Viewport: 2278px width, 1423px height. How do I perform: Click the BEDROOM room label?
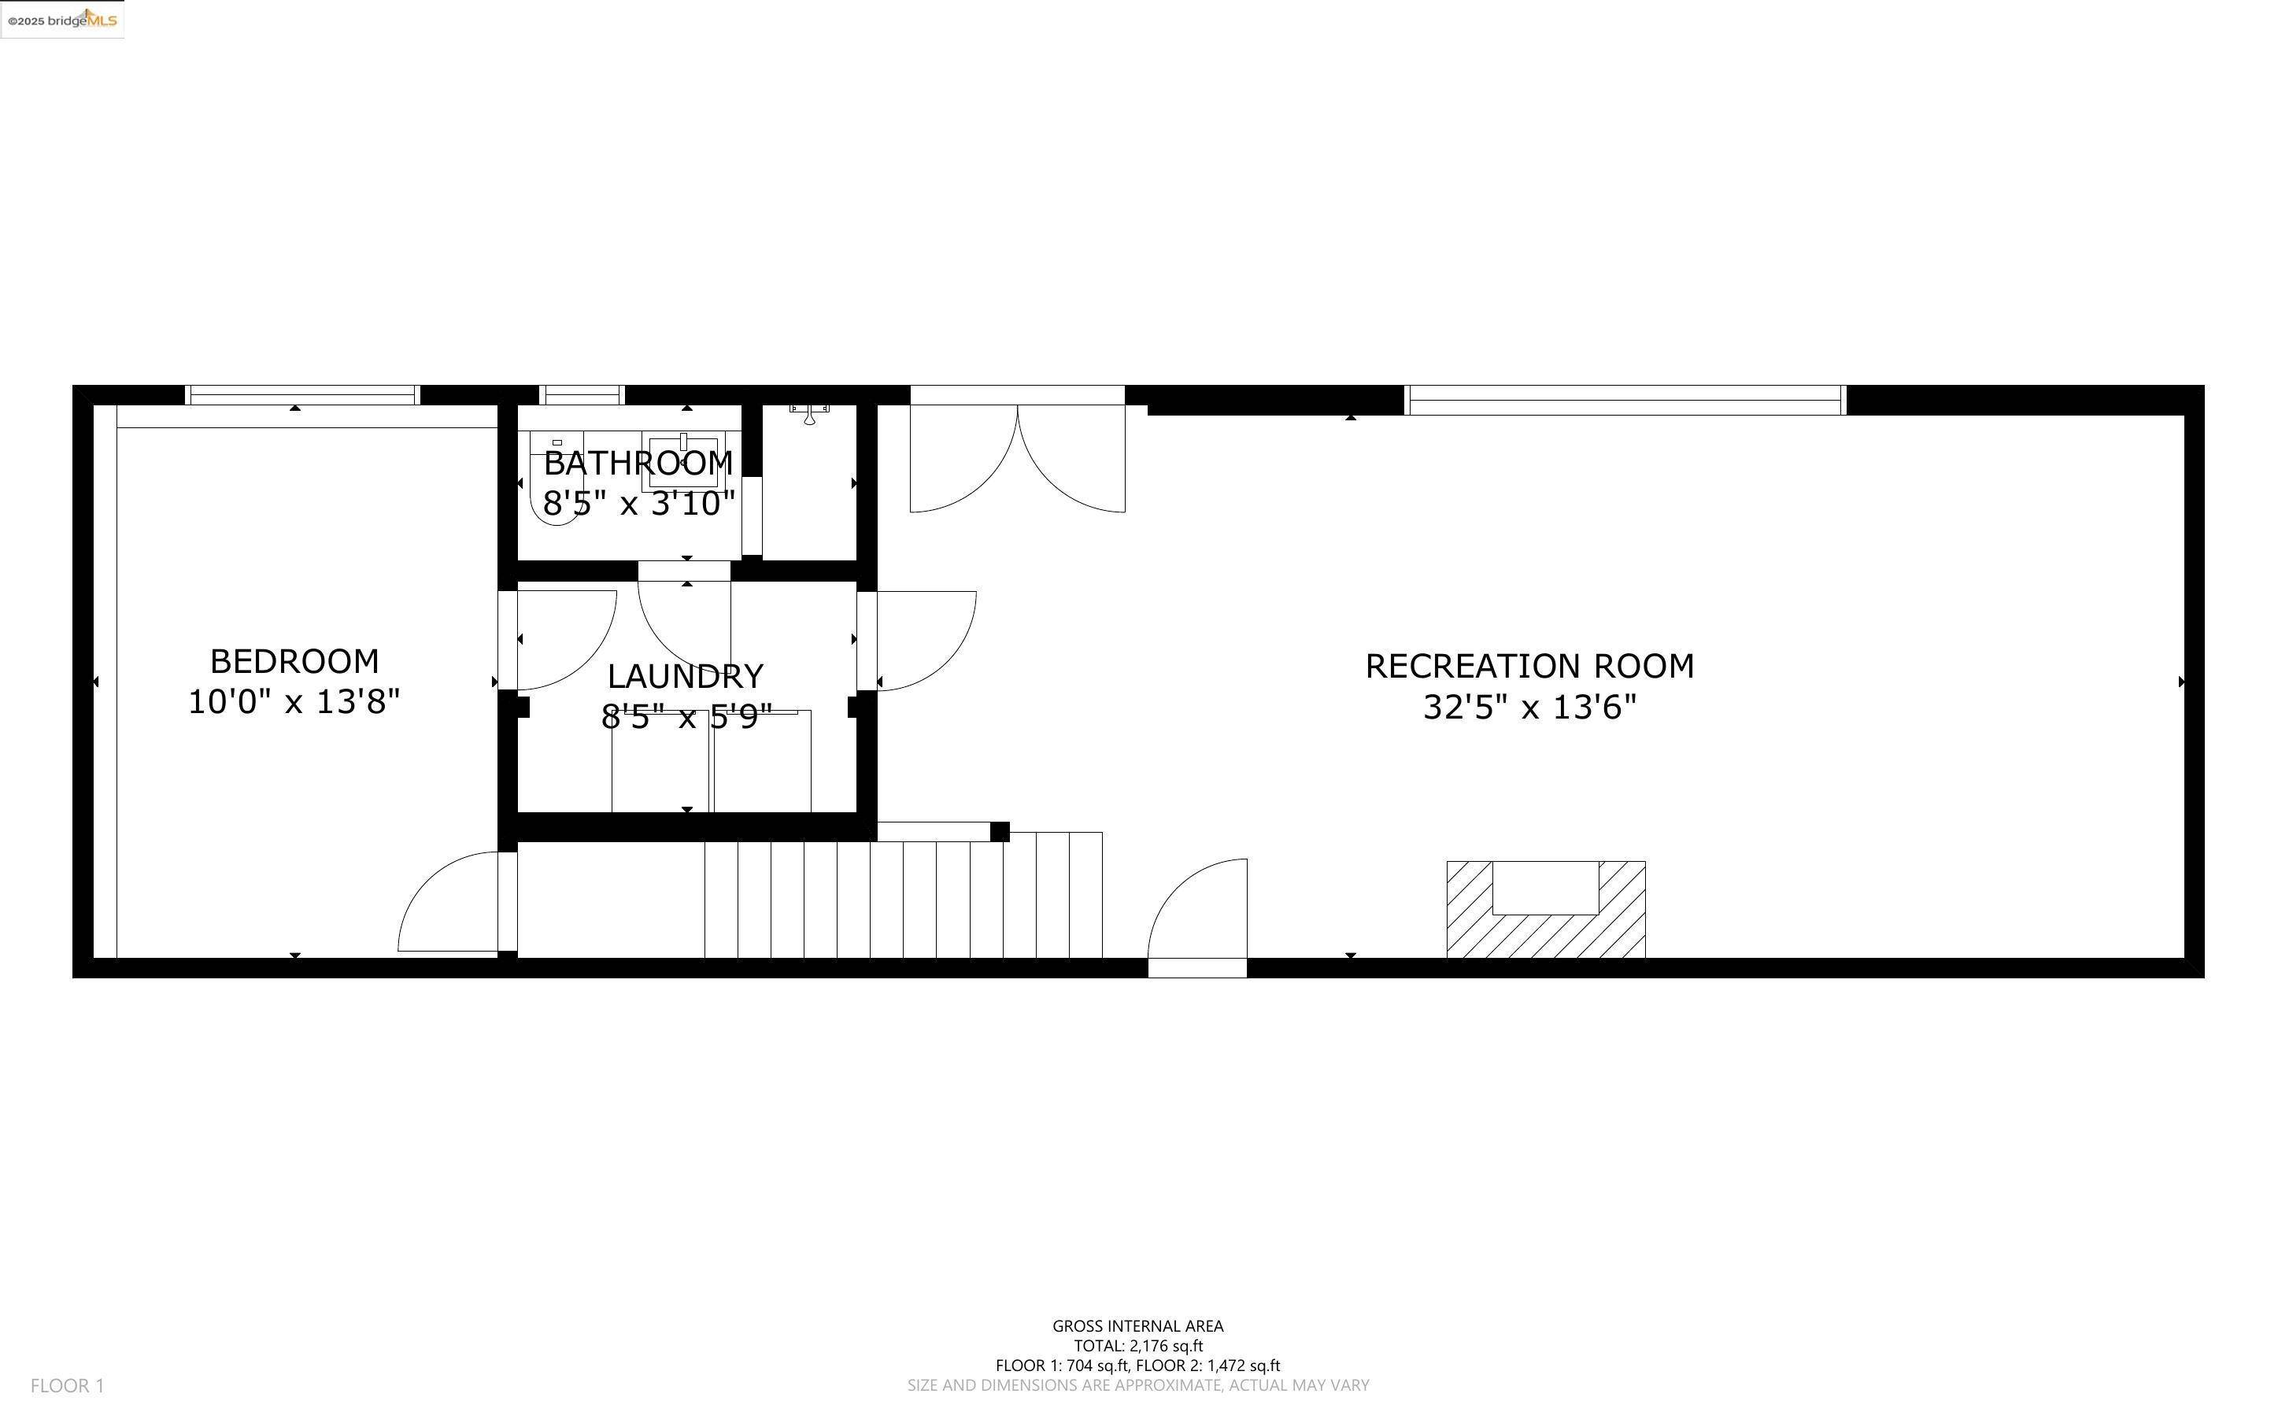[294, 662]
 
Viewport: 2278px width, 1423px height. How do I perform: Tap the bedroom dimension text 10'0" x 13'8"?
[294, 702]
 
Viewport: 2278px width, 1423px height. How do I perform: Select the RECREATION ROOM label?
[1529, 667]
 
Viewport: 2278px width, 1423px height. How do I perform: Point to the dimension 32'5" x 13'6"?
[1529, 707]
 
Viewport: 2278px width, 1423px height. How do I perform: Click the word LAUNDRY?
[685, 677]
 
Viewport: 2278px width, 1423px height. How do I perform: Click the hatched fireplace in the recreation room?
[1545, 909]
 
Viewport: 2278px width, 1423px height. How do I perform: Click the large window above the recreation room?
[1624, 400]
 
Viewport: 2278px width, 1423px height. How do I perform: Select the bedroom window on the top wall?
[302, 395]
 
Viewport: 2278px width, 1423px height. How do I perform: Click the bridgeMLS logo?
[62, 20]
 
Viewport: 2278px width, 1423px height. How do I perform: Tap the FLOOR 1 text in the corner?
[67, 1385]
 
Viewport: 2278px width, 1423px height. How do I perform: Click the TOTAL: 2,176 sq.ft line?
[1137, 1346]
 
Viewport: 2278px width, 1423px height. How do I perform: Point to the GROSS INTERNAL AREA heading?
[1137, 1326]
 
